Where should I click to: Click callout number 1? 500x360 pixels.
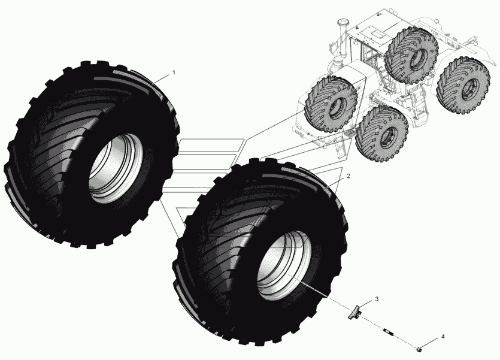click(x=174, y=72)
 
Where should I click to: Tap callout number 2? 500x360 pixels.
click(x=349, y=176)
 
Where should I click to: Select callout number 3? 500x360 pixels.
click(x=377, y=299)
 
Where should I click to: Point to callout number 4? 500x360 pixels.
click(x=443, y=337)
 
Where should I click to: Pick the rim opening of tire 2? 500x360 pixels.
click(x=284, y=265)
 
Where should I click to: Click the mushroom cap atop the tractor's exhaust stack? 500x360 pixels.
click(x=343, y=22)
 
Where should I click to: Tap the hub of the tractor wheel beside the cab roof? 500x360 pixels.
click(x=419, y=58)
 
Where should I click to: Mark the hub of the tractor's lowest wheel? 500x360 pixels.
click(x=387, y=135)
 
